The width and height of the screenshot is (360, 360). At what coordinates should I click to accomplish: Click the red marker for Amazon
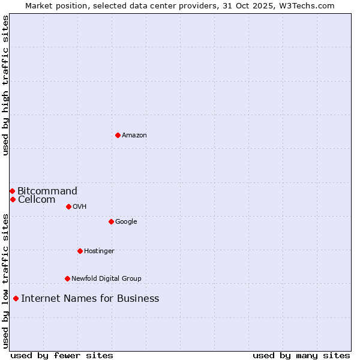(x=118, y=135)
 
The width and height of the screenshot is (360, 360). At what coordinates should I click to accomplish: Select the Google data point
(x=111, y=221)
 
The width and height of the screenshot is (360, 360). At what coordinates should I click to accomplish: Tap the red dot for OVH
(x=68, y=206)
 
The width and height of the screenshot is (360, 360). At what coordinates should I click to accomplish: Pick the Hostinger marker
(x=80, y=251)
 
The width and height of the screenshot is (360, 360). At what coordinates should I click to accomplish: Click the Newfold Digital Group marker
(x=67, y=278)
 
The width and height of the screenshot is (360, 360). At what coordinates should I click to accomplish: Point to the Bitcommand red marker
(x=12, y=191)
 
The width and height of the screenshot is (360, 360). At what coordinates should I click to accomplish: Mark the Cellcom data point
(x=13, y=199)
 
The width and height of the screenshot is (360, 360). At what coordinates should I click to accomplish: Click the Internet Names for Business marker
(x=16, y=298)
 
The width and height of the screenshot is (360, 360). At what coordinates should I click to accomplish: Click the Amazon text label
(x=134, y=136)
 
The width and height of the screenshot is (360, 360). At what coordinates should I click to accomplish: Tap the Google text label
(x=126, y=222)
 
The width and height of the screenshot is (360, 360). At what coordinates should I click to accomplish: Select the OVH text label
(x=80, y=207)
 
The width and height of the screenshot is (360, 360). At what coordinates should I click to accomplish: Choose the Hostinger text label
(x=99, y=251)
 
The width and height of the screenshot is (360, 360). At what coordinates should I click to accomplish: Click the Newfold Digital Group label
(x=106, y=279)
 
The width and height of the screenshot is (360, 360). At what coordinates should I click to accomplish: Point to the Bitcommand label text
(x=47, y=191)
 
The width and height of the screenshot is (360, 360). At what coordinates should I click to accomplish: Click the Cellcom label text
(x=37, y=200)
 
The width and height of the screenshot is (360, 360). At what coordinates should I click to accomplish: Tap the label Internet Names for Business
(x=90, y=299)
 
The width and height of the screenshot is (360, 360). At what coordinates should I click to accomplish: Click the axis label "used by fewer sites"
(x=62, y=356)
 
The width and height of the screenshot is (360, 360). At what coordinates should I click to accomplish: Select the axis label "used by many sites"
(x=301, y=356)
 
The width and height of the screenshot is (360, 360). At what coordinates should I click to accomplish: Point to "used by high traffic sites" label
(x=5, y=85)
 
